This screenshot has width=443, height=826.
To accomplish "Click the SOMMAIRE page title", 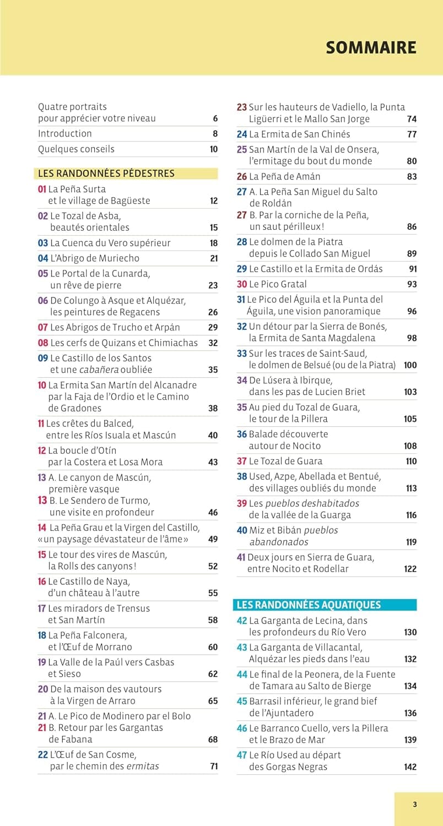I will (371, 47).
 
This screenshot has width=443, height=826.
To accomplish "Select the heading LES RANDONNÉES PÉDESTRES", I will (106, 173).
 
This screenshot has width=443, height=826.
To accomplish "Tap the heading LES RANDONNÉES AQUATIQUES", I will (309, 605).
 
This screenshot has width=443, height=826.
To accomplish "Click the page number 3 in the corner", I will (415, 805).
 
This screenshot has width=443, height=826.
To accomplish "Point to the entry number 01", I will (42, 189).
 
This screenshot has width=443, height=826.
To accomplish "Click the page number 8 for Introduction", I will (215, 134).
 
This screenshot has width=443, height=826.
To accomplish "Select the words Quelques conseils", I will (76, 149).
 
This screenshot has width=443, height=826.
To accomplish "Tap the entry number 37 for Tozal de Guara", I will (242, 461).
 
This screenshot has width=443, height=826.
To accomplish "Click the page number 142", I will (410, 767).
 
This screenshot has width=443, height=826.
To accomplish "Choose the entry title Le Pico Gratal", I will (278, 284).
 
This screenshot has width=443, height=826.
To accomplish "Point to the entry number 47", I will (242, 755).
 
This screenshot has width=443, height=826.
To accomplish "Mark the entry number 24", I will (242, 134).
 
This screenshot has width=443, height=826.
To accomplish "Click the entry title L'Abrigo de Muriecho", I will (95, 258).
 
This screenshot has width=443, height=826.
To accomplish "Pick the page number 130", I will (410, 632).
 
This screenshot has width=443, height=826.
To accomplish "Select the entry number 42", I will (242, 621).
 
